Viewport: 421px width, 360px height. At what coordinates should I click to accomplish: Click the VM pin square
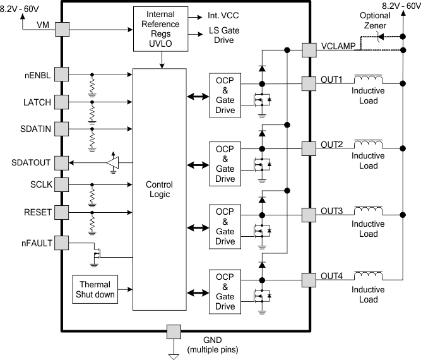[61, 29]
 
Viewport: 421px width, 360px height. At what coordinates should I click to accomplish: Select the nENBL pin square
[61, 75]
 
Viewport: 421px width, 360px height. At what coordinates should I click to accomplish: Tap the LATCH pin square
[61, 102]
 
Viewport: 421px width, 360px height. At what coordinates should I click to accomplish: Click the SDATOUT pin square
[61, 163]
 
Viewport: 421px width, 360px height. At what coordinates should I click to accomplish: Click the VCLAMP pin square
[309, 50]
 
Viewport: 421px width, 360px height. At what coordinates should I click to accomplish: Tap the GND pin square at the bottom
[172, 332]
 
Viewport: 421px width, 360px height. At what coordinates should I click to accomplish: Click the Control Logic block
[159, 189]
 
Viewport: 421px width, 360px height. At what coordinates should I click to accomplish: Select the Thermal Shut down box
[95, 290]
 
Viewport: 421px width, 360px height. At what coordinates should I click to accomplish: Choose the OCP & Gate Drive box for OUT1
[225, 94]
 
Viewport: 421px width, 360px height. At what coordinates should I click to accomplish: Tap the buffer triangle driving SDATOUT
[112, 163]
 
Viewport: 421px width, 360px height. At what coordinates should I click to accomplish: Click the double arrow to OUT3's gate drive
[197, 225]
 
